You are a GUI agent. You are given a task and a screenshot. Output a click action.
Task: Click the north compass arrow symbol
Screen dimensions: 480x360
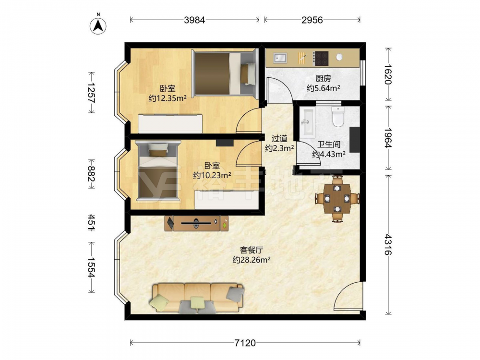pos(98,25)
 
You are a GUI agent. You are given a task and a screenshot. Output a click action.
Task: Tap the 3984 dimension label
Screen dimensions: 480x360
pos(194,20)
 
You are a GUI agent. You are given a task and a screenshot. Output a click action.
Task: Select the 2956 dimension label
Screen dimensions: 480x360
pos(312,20)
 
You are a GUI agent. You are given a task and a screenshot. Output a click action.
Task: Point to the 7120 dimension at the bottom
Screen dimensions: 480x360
pos(245,343)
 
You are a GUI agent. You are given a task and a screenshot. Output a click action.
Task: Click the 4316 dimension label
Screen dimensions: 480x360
pos(388,245)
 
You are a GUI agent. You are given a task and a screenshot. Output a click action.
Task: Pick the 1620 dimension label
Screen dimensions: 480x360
pos(388,74)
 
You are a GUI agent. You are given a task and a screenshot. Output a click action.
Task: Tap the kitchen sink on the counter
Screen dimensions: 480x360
pos(280,57)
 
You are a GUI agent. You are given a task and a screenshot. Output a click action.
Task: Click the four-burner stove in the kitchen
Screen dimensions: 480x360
pos(321,58)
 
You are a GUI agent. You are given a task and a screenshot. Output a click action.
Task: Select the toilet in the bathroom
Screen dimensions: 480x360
pos(338,116)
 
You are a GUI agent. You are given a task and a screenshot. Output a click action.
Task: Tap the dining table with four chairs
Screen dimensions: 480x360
pos(337,198)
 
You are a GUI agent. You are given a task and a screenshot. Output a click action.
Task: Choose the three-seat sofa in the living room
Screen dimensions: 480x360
pos(197,298)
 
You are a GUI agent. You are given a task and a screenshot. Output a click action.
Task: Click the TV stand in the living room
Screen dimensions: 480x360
pos(196,223)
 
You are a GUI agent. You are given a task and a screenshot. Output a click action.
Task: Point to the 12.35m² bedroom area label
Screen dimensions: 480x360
pos(168,98)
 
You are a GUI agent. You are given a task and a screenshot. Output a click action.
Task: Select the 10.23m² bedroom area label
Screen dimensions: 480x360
pos(212,175)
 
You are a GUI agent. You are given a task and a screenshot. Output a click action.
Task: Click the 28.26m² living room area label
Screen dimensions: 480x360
pos(252,260)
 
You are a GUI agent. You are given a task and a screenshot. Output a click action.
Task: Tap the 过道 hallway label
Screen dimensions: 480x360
pos(279,138)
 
